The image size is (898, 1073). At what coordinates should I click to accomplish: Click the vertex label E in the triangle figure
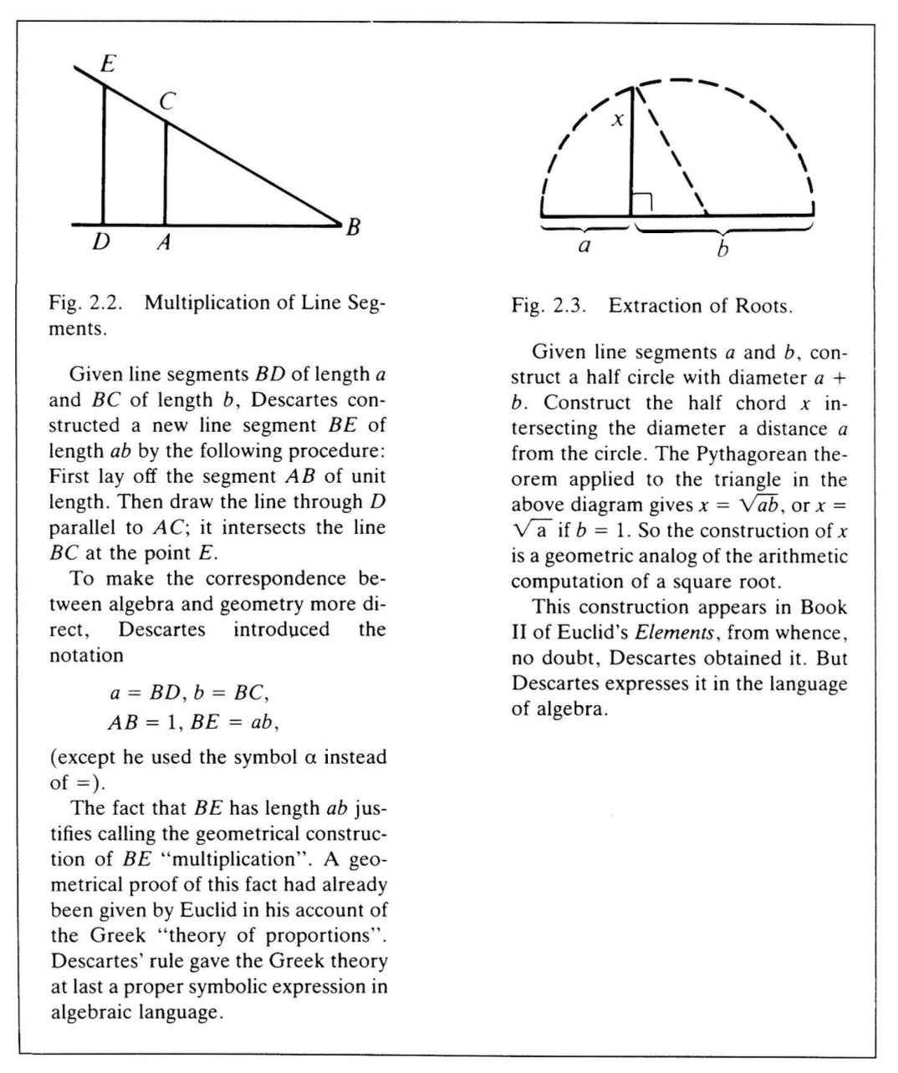(107, 64)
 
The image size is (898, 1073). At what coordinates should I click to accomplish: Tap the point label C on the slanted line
(167, 102)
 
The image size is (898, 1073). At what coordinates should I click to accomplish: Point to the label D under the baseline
(101, 242)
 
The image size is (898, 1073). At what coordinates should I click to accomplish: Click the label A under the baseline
(164, 242)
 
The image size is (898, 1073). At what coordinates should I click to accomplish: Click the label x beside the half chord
(617, 120)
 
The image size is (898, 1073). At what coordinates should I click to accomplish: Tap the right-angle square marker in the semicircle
(642, 203)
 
